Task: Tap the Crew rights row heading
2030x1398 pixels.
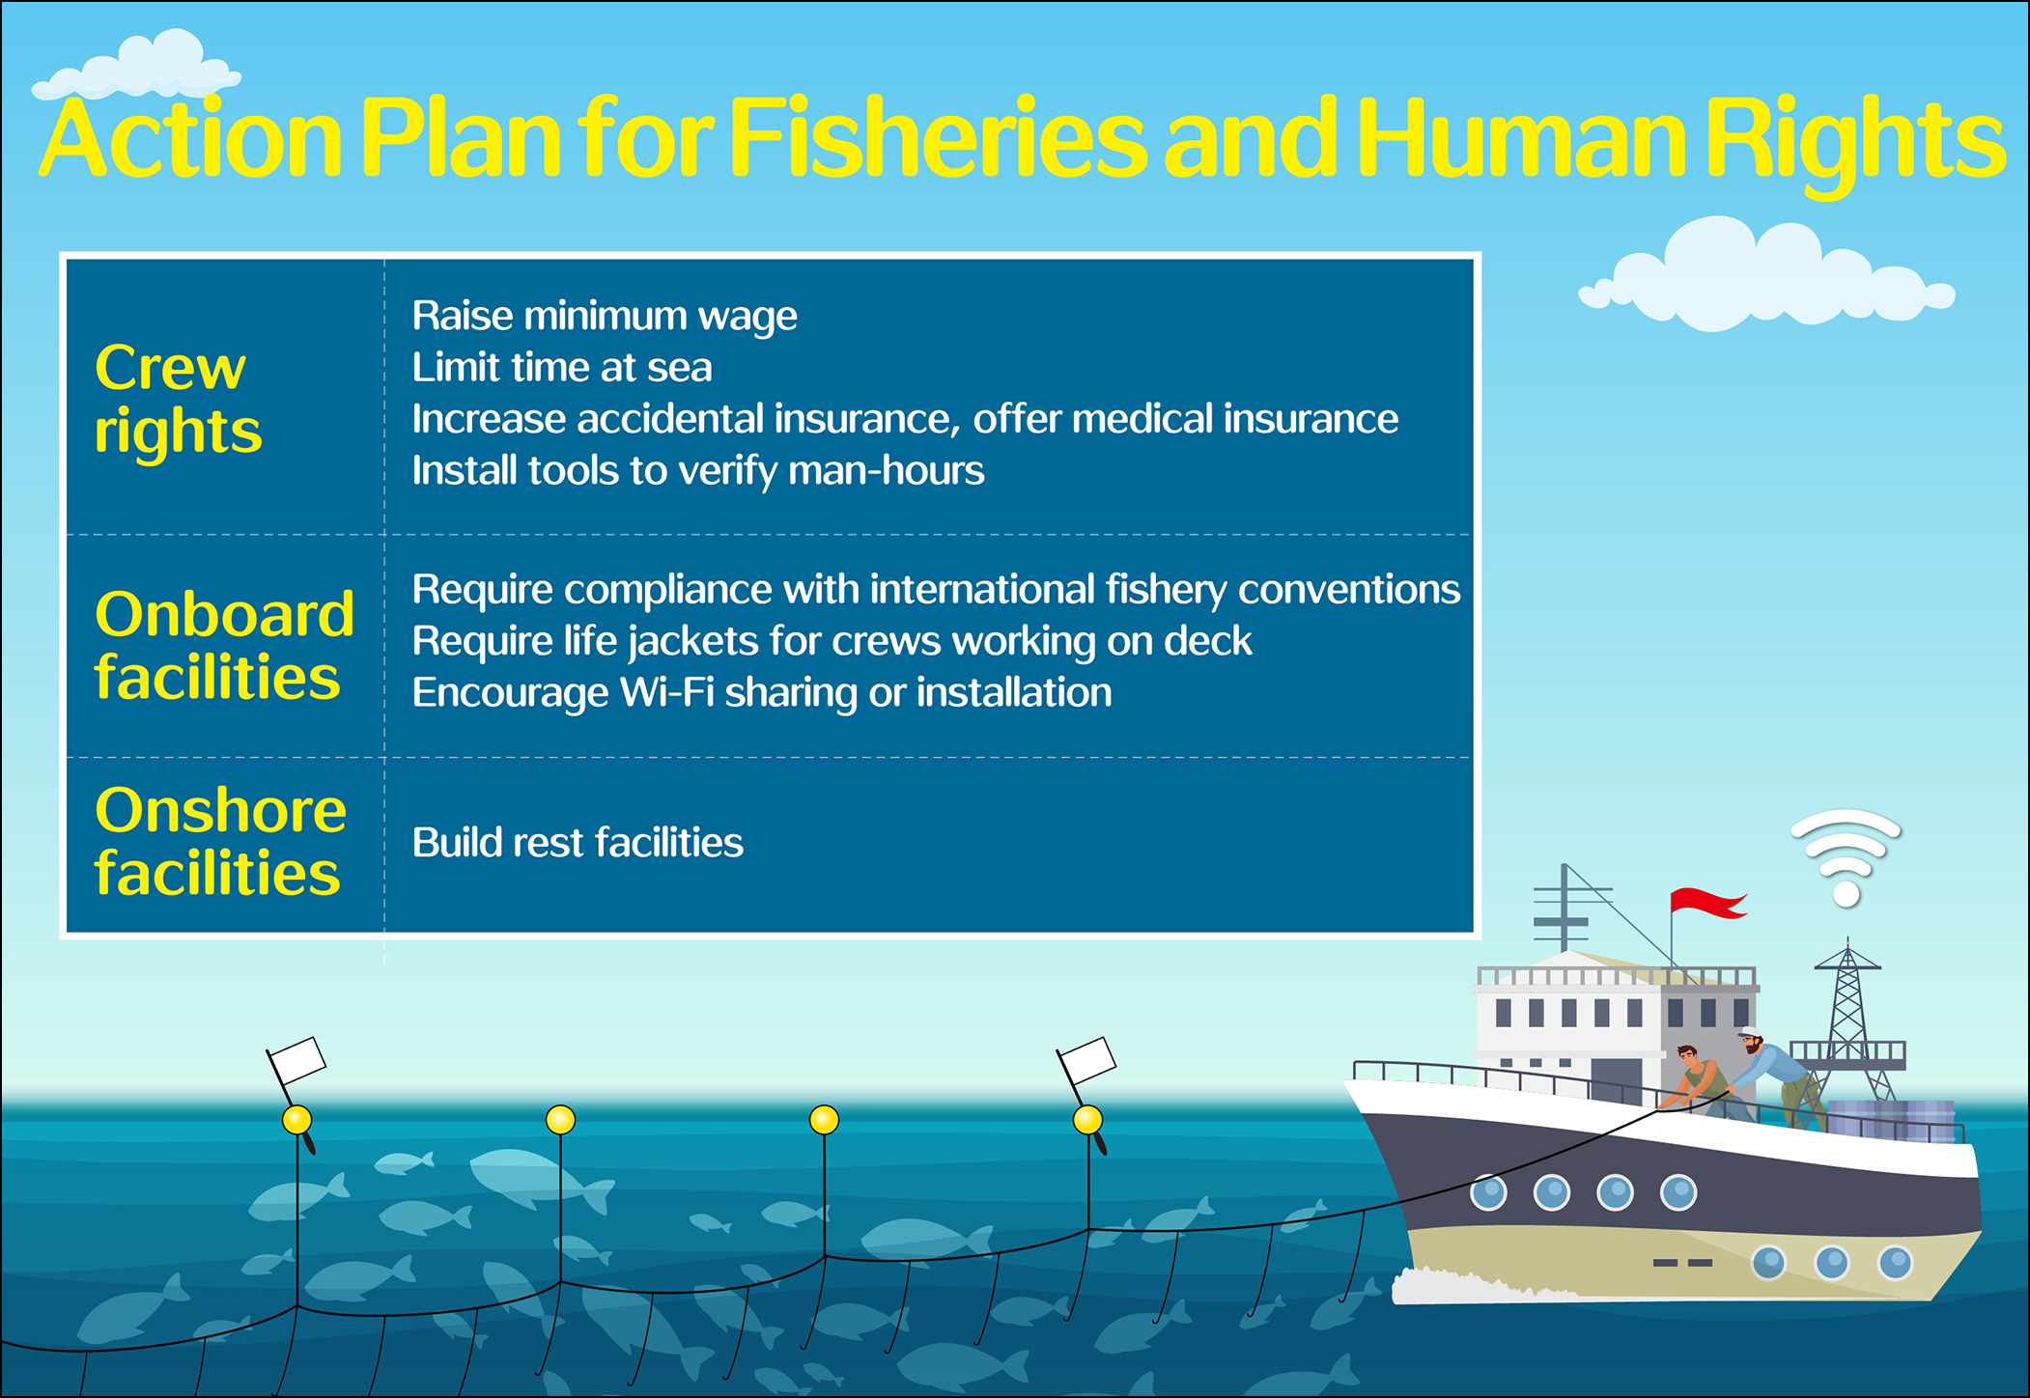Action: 178,398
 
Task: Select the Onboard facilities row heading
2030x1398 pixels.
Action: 224,645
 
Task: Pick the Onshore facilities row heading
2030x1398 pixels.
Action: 220,841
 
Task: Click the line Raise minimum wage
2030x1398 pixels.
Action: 605,317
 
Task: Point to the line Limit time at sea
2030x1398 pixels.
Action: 562,368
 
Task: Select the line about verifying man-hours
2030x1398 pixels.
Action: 698,471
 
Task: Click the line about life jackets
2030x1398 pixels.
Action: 832,642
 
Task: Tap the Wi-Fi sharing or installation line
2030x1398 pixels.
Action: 762,693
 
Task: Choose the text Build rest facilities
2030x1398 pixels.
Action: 578,843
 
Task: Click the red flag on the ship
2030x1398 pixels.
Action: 1706,902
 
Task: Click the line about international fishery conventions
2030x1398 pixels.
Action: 936,590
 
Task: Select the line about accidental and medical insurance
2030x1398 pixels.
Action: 905,420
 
